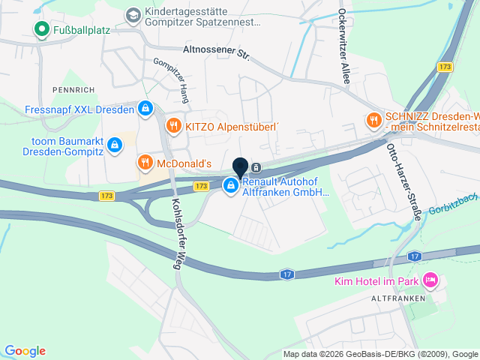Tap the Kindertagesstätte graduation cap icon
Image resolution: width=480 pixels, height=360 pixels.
pos(133,15)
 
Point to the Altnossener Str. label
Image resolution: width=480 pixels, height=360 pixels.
pos(216,52)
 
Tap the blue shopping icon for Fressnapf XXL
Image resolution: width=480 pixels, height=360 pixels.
pos(145,109)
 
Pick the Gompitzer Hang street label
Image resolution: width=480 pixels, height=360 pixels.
pos(172,76)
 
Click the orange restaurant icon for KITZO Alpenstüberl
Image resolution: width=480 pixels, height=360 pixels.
pos(174,126)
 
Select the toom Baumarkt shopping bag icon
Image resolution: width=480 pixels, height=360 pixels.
pos(114,144)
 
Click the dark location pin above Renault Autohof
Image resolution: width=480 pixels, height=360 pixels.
pos(240,168)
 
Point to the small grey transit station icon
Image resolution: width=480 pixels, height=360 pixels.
pos(256,167)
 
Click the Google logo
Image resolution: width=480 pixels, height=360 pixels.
pos(25,351)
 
